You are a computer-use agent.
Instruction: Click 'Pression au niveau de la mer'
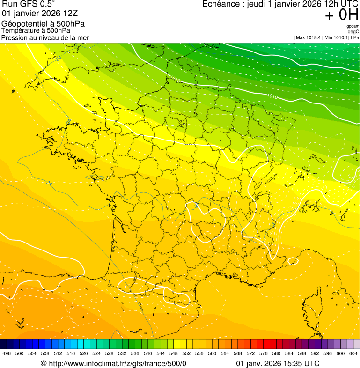45,37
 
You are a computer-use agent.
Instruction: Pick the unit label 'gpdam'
353,26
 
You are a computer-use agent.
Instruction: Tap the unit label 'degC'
354,31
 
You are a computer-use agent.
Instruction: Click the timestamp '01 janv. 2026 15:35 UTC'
278,363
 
